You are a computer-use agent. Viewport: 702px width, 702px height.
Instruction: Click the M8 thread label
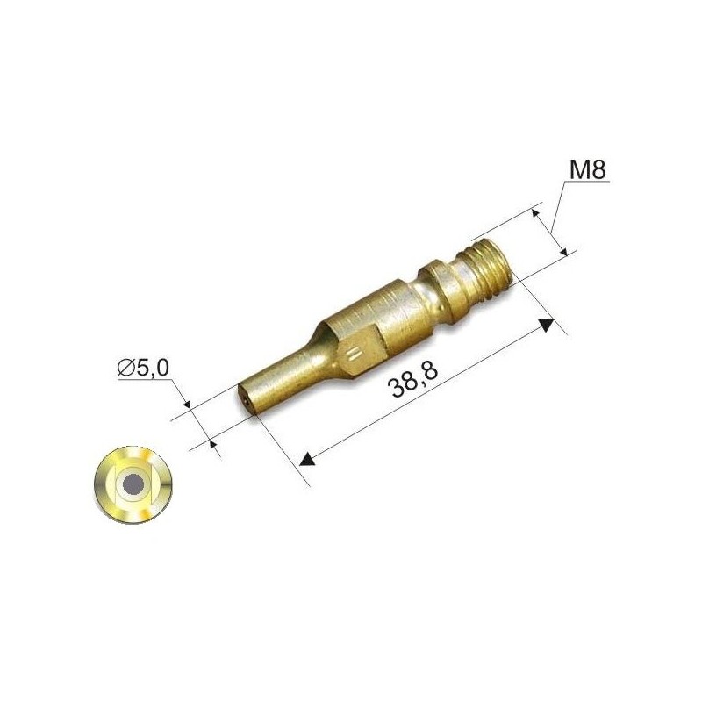[587, 169]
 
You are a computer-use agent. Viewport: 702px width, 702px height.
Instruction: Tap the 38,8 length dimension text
[413, 380]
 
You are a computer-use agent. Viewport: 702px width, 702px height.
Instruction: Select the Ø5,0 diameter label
[143, 368]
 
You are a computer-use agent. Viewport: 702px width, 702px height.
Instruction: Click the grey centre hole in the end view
[133, 484]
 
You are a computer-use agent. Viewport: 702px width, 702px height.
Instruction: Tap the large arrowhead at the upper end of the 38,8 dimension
[547, 324]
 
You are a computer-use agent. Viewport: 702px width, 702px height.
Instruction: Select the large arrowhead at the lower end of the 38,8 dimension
[307, 459]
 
